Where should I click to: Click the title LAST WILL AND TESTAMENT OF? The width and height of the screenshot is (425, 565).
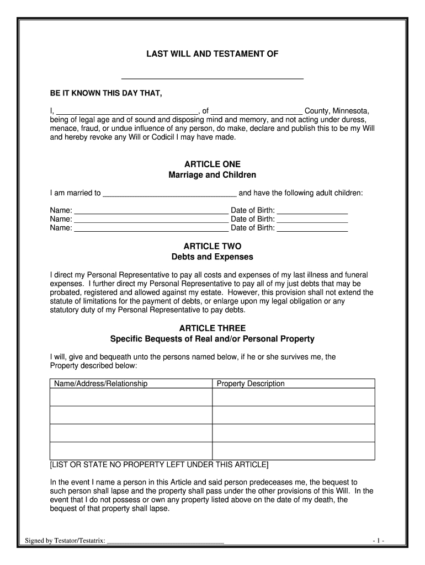(x=212, y=54)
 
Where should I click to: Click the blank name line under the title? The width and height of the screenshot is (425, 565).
(x=212, y=78)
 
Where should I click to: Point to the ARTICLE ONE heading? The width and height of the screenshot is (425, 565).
(x=212, y=164)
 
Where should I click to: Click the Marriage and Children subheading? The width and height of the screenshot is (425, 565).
(x=212, y=175)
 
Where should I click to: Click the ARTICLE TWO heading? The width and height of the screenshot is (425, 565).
(x=212, y=247)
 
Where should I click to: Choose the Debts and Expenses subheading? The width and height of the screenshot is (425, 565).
(x=212, y=257)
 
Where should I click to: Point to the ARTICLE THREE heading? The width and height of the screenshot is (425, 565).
(x=212, y=328)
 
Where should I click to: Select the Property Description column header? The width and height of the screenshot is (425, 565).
(x=251, y=383)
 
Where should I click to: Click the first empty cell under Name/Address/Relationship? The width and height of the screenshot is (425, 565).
(x=131, y=397)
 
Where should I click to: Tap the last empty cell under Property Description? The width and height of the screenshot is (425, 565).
(x=294, y=451)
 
